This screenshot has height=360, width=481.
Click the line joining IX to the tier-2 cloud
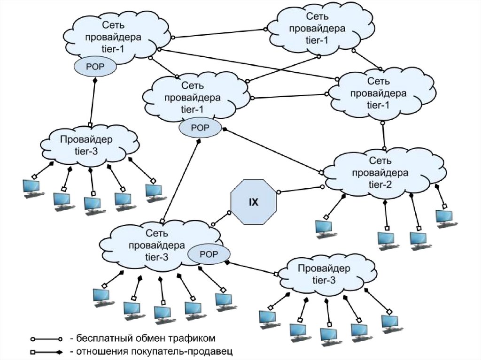click(x=300, y=189)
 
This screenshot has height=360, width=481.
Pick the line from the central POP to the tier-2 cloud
click(x=272, y=150)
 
